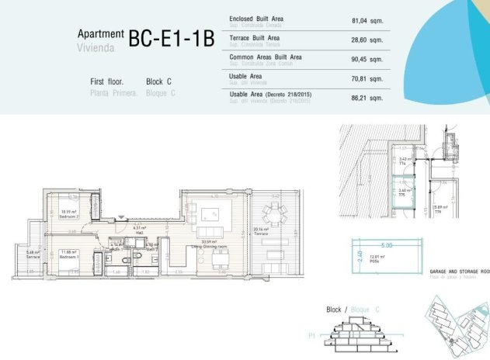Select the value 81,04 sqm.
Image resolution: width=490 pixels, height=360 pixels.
pos(367,21)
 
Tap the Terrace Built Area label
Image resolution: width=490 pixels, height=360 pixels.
pos(255,37)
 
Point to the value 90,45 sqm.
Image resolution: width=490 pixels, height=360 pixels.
pos(367,60)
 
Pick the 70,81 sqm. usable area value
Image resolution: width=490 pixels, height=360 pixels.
pos(367,78)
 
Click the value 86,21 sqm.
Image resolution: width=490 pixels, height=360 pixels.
pos(367,98)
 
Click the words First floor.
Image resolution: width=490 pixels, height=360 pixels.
pos(108,81)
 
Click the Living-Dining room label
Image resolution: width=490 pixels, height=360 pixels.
pos(208,245)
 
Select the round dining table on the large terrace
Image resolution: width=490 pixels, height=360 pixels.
pos(273,210)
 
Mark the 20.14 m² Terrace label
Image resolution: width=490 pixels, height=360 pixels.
pos(261,230)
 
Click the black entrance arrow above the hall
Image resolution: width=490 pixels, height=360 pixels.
pos(120,218)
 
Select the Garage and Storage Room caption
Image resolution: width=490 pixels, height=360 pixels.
pos(459,272)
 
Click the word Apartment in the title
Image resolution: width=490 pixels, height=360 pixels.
pos(100,33)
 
